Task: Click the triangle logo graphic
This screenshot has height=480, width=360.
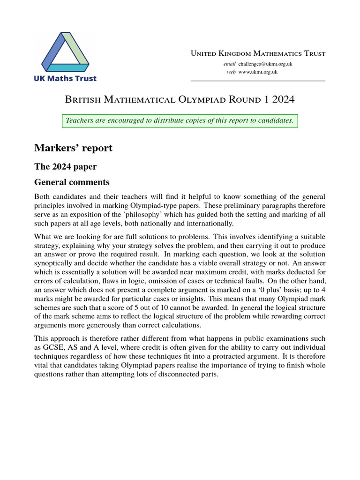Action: tap(65, 52)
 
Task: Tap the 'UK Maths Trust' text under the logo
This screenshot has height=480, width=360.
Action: tap(65, 78)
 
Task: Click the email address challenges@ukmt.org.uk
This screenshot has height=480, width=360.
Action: tap(265, 63)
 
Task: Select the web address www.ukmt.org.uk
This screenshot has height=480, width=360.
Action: tap(258, 72)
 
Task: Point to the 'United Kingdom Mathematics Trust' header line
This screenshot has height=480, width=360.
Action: tap(258, 53)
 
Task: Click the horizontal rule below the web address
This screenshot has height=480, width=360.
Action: tap(258, 81)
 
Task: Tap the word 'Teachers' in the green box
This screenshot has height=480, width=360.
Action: tap(79, 120)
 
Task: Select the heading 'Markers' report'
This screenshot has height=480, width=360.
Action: tap(73, 148)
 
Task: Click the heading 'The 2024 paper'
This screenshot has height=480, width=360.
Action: tap(65, 166)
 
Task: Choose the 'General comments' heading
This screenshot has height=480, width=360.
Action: tap(72, 182)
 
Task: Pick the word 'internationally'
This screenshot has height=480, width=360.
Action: tap(210, 223)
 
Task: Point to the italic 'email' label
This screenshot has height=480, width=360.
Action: tap(229, 63)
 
